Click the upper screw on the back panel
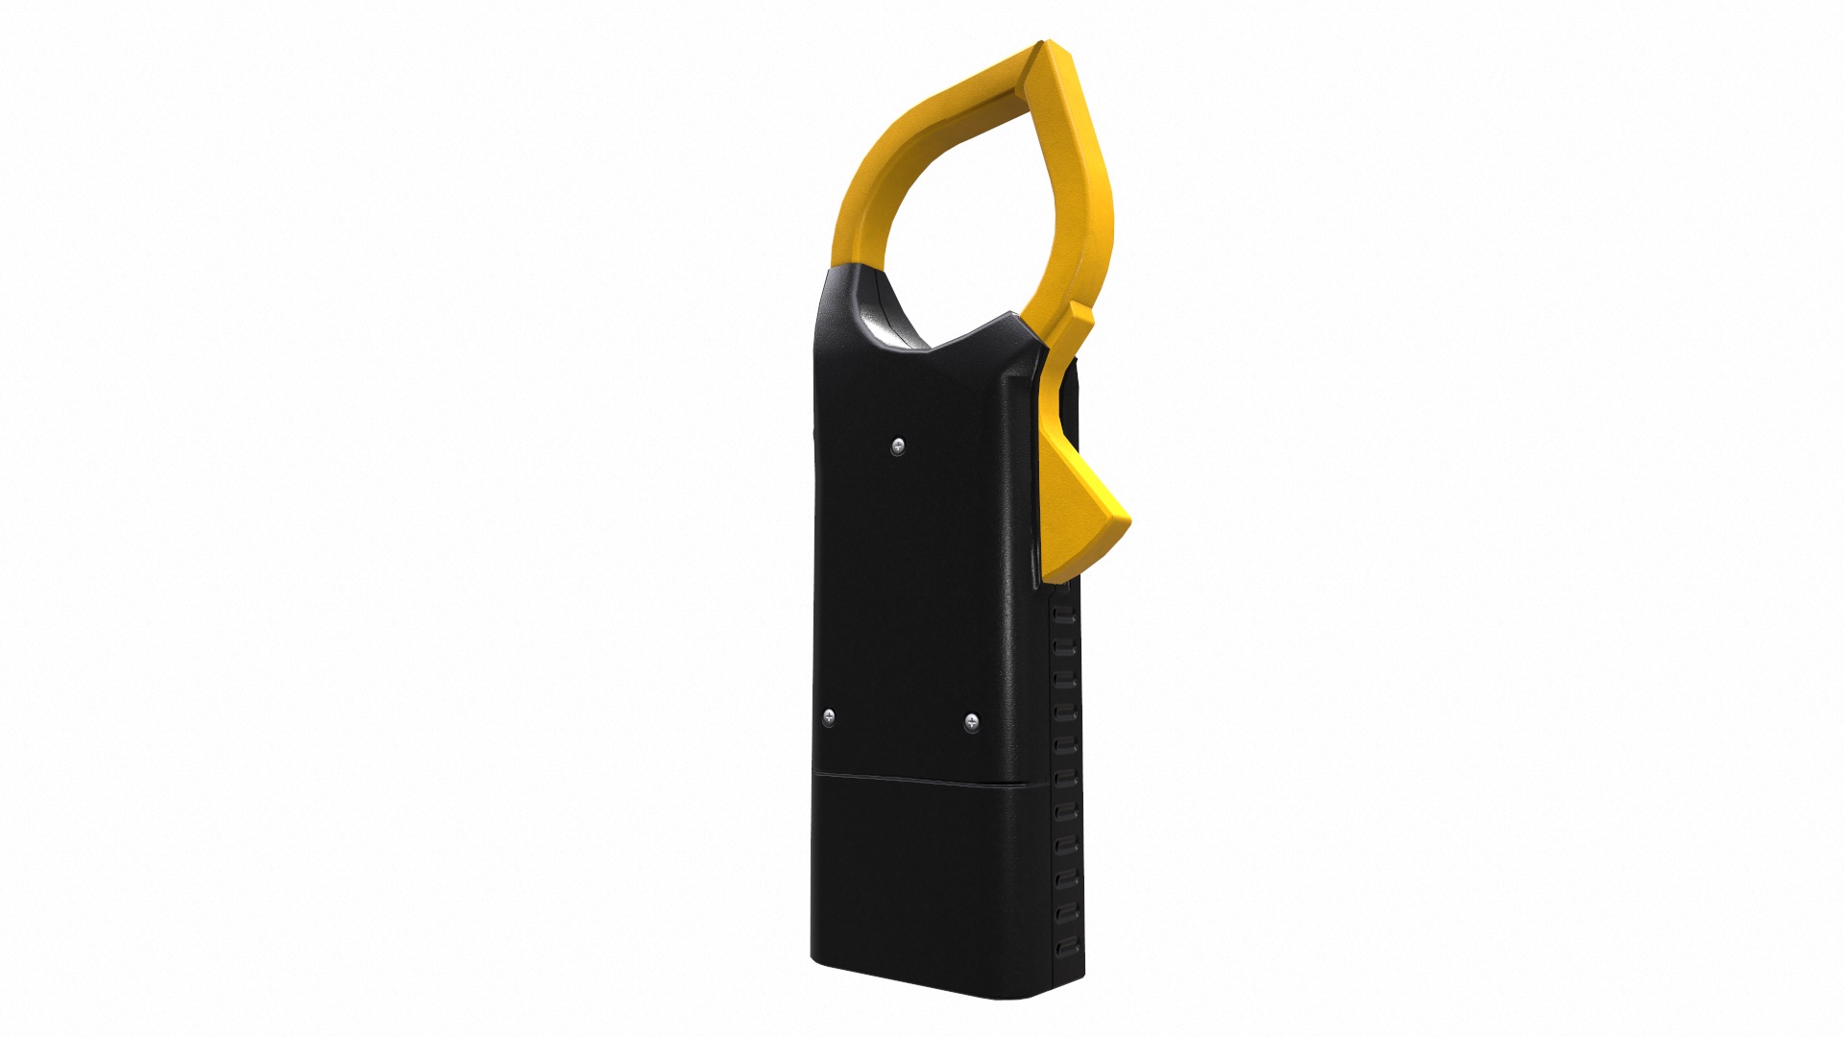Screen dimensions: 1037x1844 click(x=898, y=445)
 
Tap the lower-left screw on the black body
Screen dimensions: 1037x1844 click(x=830, y=716)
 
